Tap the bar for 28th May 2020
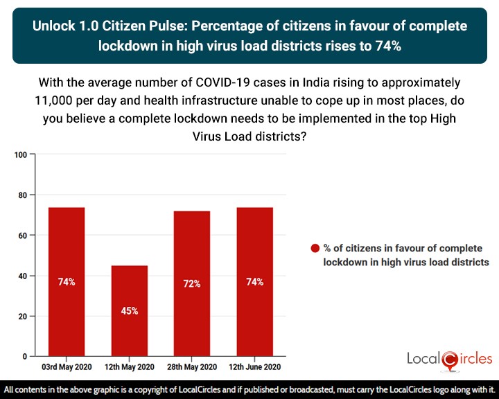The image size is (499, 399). (x=192, y=283)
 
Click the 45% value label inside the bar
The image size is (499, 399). (x=129, y=311)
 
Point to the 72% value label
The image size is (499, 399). (x=192, y=284)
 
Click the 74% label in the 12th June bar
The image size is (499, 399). (x=254, y=282)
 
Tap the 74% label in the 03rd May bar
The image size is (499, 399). (x=67, y=282)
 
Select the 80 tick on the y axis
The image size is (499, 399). (x=22, y=195)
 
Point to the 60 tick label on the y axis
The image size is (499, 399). (x=22, y=236)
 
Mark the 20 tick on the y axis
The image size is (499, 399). (x=22, y=317)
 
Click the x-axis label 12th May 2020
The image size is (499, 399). (x=129, y=366)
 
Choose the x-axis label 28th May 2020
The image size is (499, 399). (x=192, y=366)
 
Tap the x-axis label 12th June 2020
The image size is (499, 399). (x=254, y=366)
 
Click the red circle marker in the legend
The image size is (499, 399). (x=315, y=249)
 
